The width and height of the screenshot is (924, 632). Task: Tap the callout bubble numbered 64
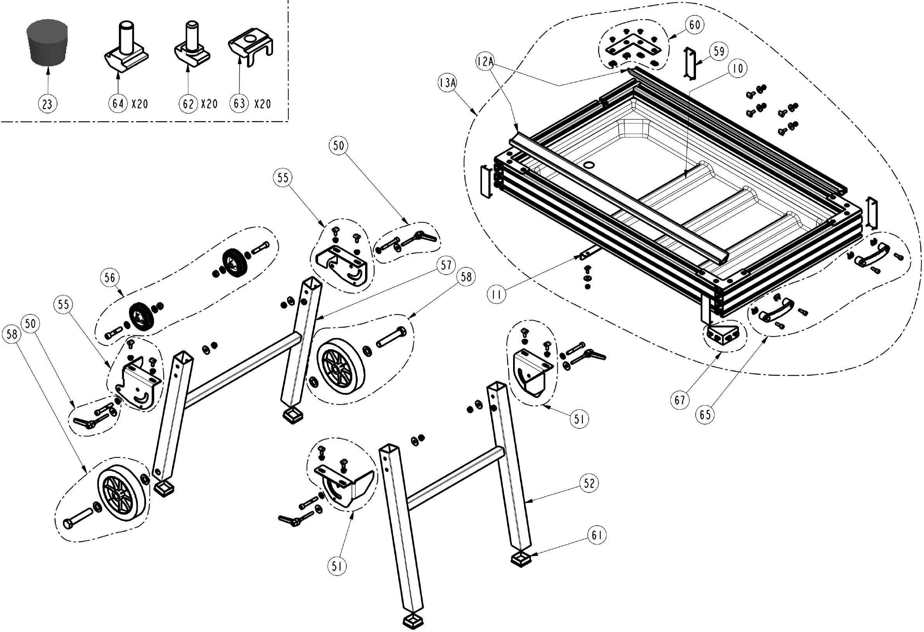pyautogui.click(x=118, y=104)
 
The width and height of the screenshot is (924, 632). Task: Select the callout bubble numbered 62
pyautogui.click(x=188, y=104)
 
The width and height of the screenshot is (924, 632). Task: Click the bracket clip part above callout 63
pyautogui.click(x=251, y=50)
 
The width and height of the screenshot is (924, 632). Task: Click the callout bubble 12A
pyautogui.click(x=485, y=62)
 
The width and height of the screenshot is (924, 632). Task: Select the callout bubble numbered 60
pyautogui.click(x=694, y=24)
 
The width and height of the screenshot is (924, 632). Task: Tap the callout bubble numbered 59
pyautogui.click(x=719, y=51)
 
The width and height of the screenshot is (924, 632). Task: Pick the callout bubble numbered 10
pyautogui.click(x=738, y=68)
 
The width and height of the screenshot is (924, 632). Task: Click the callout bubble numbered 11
pyautogui.click(x=496, y=294)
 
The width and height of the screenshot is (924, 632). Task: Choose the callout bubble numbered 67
pyautogui.click(x=679, y=399)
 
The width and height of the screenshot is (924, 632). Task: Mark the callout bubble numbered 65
pyautogui.click(x=705, y=415)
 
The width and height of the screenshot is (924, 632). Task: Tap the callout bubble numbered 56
pyautogui.click(x=110, y=277)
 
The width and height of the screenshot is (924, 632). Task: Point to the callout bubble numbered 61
pyautogui.click(x=597, y=535)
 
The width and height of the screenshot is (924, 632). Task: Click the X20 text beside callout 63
pyautogui.click(x=263, y=104)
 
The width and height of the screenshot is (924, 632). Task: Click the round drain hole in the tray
pyautogui.click(x=589, y=164)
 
